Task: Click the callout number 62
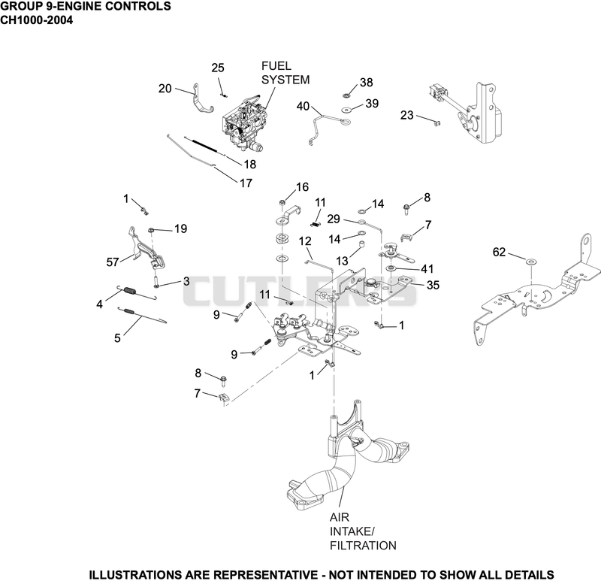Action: [x=499, y=252]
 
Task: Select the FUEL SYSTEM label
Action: [x=285, y=73]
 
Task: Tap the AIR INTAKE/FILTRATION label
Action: [x=363, y=531]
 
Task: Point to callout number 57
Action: [x=113, y=262]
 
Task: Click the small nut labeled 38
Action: [x=347, y=95]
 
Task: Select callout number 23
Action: [x=407, y=115]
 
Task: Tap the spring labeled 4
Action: [x=137, y=292]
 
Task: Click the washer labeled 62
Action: [x=531, y=262]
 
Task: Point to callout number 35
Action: [x=433, y=285]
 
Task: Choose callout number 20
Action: [x=165, y=88]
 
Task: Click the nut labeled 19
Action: [x=152, y=230]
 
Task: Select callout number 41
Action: [x=427, y=269]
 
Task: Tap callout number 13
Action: [x=342, y=261]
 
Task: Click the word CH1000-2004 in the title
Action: [x=36, y=20]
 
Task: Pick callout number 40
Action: [x=303, y=106]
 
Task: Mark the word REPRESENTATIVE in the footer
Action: [x=265, y=574]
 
